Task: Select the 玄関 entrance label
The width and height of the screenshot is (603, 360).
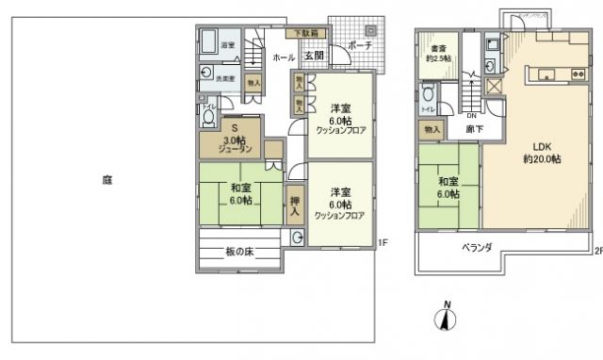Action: (314, 57)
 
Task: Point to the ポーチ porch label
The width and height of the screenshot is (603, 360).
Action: (358, 45)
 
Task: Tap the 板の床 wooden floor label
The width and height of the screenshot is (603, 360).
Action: (239, 252)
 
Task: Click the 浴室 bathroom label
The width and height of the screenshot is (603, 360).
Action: (227, 44)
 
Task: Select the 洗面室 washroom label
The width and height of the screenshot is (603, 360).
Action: (226, 78)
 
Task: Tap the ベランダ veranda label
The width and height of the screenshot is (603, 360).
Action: (478, 249)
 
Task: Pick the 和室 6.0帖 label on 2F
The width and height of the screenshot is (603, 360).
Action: (448, 188)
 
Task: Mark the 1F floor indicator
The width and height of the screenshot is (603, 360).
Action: (383, 242)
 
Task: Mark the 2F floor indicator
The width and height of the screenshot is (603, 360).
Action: (597, 251)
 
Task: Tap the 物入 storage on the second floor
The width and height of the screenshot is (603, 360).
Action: (432, 129)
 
